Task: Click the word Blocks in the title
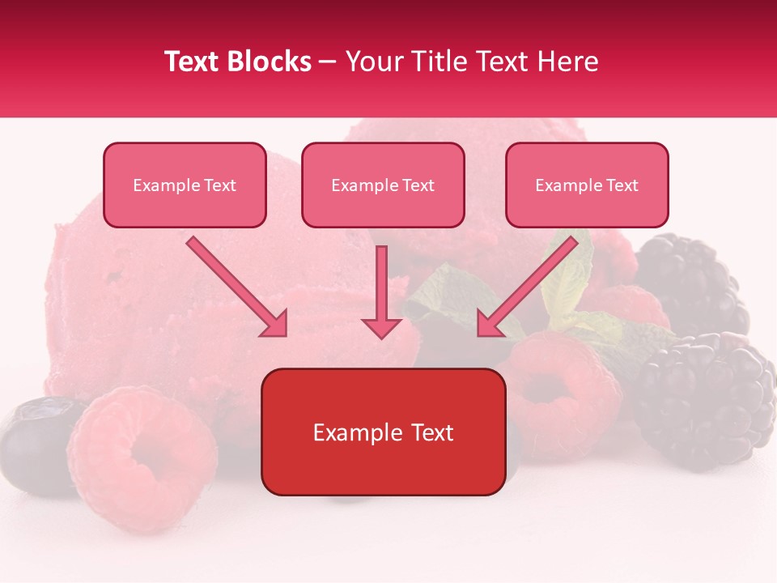click(270, 62)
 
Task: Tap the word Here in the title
click(567, 62)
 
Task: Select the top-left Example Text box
click(185, 185)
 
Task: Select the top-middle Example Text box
click(383, 185)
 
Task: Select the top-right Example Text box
click(587, 185)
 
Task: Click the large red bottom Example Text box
click(383, 432)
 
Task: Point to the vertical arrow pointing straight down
click(381, 291)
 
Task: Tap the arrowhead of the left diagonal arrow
click(274, 324)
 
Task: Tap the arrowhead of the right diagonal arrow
click(490, 323)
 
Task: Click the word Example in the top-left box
click(160, 185)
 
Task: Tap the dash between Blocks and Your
click(328, 62)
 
